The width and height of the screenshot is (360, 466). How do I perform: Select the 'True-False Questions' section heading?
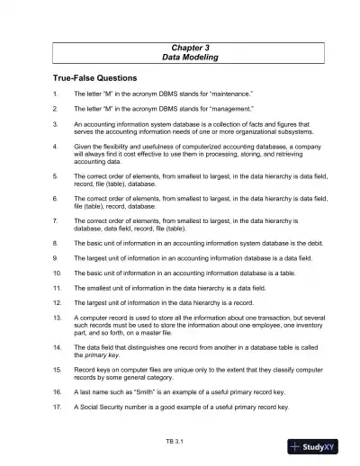[88, 78]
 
